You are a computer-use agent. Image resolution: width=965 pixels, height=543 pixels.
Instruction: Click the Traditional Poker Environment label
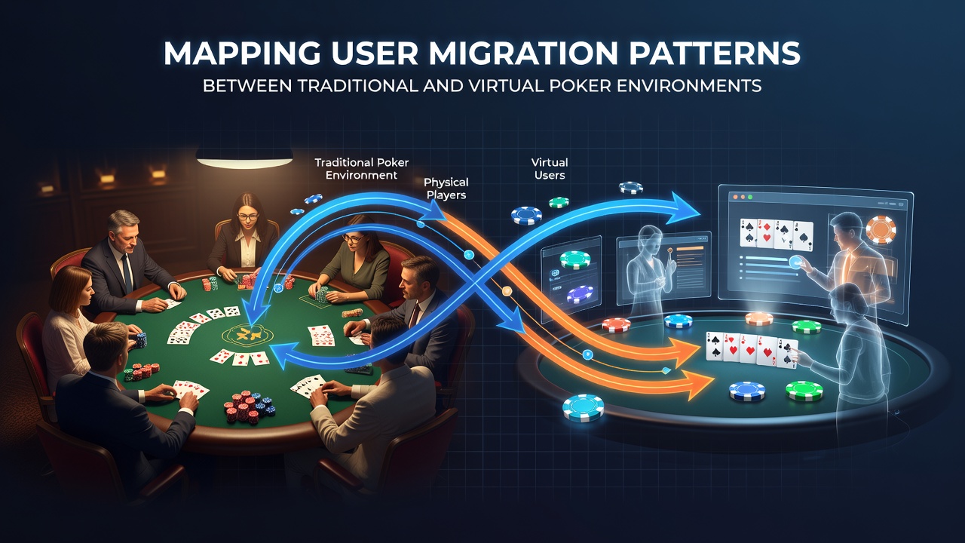click(x=361, y=169)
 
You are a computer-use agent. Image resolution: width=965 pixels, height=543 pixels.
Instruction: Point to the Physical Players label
click(x=446, y=189)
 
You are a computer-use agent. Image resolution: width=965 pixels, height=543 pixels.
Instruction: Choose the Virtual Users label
click(x=550, y=169)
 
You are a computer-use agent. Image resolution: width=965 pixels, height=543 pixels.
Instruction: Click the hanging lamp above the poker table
click(x=244, y=158)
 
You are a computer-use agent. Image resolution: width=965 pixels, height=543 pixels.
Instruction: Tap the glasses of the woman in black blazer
click(x=248, y=216)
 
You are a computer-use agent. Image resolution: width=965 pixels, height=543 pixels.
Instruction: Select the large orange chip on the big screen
click(x=881, y=230)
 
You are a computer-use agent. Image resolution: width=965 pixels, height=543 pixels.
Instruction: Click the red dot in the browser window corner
click(x=736, y=197)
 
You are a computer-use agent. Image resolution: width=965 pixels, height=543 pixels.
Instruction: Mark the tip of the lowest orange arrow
click(x=714, y=382)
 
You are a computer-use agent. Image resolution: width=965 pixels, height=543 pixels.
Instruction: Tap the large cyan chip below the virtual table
click(x=583, y=408)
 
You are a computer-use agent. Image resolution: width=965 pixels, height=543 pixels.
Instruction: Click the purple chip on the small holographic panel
click(x=580, y=294)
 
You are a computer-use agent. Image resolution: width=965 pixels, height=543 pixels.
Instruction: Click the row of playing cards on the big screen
click(x=777, y=235)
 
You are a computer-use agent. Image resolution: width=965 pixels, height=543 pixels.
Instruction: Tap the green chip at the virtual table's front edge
click(x=804, y=391)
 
